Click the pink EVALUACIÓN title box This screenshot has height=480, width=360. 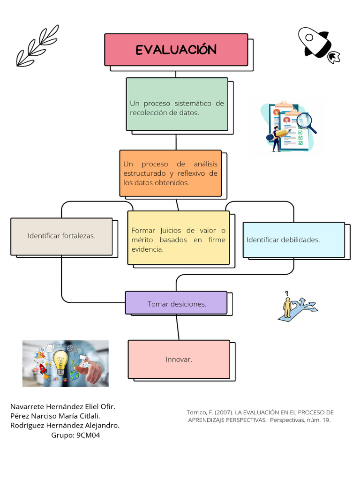[x=176, y=50]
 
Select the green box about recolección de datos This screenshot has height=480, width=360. [x=177, y=104]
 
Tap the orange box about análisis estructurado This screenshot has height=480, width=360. [x=170, y=173]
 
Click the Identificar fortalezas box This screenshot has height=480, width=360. [x=61, y=236]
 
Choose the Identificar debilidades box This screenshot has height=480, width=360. [x=293, y=240]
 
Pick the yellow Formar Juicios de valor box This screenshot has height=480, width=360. [x=178, y=238]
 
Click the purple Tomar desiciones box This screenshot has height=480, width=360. [x=176, y=303]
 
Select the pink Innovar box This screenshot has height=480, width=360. [x=179, y=359]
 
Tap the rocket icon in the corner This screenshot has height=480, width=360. [x=317, y=44]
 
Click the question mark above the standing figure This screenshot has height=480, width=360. [x=288, y=294]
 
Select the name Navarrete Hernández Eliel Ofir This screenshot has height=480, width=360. [x=63, y=406]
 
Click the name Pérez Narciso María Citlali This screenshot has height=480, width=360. [x=55, y=416]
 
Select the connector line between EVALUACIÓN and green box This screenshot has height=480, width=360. [x=176, y=74]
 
